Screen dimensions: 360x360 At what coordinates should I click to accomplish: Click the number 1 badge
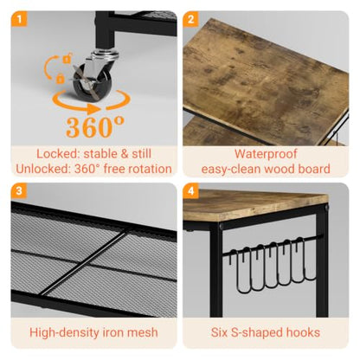[19, 19]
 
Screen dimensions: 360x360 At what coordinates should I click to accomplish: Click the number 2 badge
[190, 19]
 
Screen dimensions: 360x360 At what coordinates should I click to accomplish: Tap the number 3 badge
[19, 190]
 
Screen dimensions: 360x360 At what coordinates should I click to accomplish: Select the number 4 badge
[190, 190]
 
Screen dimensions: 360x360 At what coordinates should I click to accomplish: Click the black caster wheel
[92, 80]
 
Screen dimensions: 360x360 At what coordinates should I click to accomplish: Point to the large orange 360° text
[95, 126]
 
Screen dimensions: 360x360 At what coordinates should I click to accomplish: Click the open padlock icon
[67, 58]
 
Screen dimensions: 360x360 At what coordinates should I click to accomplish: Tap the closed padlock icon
[60, 78]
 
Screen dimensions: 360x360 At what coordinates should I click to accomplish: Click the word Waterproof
[266, 154]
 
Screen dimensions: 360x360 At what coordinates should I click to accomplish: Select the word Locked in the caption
[58, 154]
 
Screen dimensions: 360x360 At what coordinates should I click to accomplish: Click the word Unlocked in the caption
[43, 169]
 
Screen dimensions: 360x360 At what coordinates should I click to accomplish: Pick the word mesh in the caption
[143, 332]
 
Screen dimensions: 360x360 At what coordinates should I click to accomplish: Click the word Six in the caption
[219, 332]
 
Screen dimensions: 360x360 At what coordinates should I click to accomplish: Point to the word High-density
[61, 333]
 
